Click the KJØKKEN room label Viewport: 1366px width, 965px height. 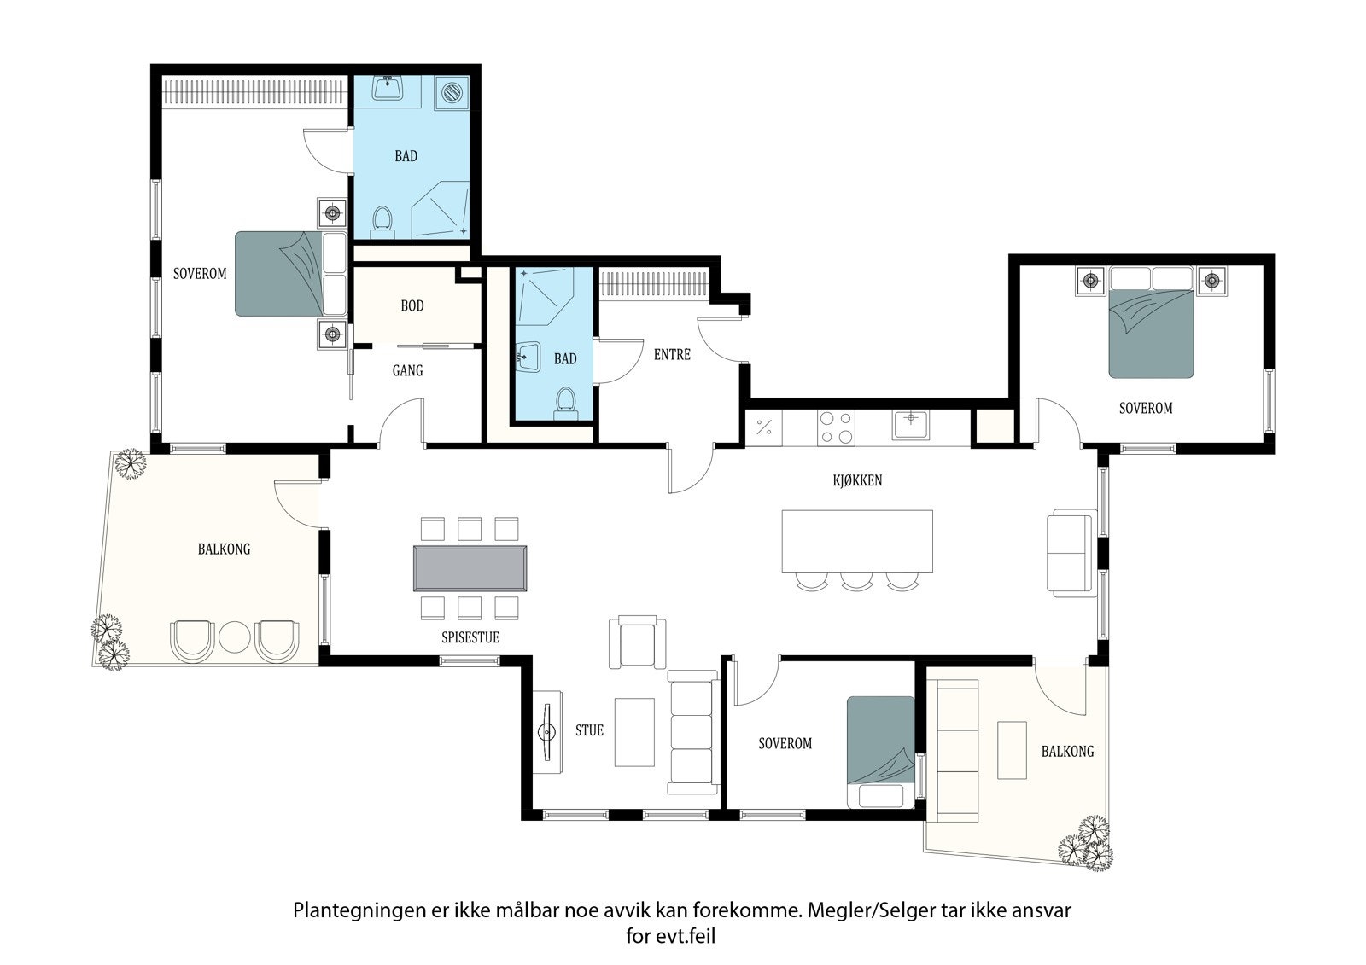(857, 480)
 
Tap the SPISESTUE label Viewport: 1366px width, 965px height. (470, 637)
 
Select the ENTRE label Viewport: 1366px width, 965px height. (672, 355)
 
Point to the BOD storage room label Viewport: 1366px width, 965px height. (412, 305)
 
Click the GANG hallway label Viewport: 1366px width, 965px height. (407, 370)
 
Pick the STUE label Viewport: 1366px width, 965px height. (589, 730)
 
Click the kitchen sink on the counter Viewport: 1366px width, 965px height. (911, 425)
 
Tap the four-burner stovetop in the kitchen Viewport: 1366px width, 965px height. (836, 427)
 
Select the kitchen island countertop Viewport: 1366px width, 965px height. (857, 541)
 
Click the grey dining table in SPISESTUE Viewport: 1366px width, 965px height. (470, 568)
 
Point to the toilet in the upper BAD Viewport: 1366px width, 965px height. (382, 222)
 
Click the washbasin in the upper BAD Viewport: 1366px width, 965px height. (388, 89)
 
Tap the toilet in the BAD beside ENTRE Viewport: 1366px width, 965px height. (566, 403)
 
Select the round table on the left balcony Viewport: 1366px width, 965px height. (235, 637)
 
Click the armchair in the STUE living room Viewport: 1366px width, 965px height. (637, 642)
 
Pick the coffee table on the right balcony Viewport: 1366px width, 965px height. (1012, 750)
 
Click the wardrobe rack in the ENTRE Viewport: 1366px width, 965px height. (654, 285)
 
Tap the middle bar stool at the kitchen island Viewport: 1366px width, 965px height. (856, 581)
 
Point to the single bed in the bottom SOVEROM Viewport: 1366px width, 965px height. (880, 752)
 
